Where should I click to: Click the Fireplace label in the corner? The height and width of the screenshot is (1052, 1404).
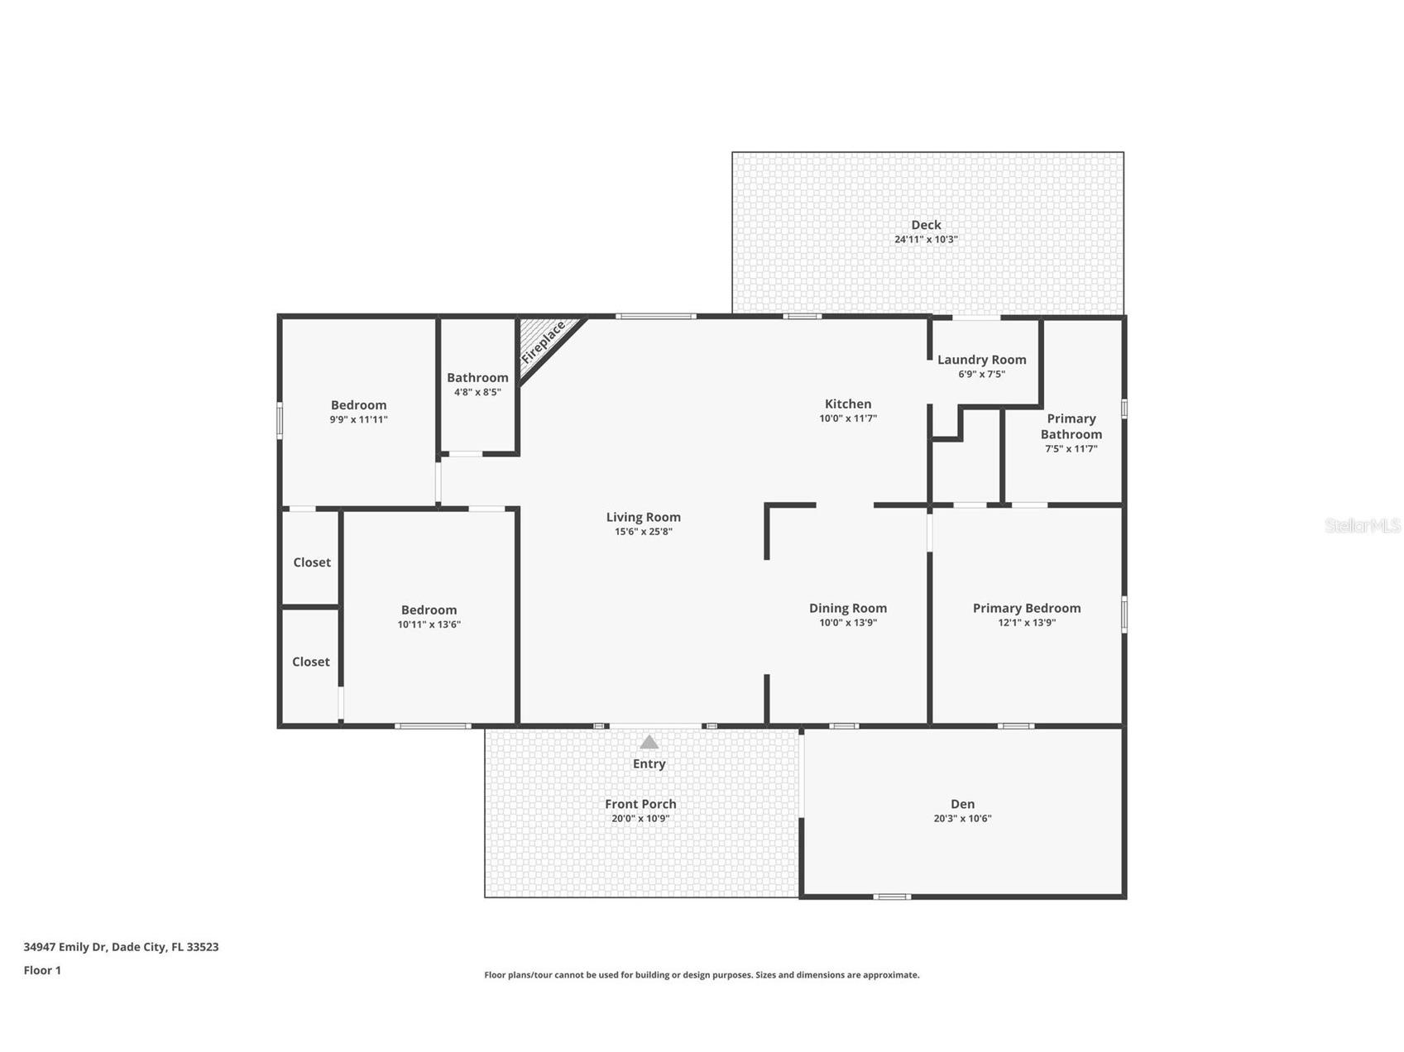click(544, 342)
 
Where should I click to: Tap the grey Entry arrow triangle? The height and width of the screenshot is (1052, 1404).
click(649, 742)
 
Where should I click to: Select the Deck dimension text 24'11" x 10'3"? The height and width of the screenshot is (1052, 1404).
click(926, 239)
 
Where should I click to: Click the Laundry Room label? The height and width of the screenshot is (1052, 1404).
click(981, 360)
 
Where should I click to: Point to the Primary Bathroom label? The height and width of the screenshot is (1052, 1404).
click(1071, 426)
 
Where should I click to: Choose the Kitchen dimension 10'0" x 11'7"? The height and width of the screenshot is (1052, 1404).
click(847, 418)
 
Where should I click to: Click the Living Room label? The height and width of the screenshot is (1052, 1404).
click(643, 517)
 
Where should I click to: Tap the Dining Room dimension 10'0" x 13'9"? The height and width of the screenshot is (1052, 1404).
click(847, 623)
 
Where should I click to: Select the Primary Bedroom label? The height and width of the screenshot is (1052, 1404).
click(1026, 608)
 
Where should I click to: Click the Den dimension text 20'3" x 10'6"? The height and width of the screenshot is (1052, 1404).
click(962, 819)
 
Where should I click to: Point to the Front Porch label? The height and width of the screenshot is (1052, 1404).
click(640, 804)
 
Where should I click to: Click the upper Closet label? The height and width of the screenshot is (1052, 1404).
click(312, 562)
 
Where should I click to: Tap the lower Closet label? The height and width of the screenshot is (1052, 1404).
click(311, 662)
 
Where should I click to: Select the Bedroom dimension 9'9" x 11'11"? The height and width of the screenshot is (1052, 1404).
click(358, 419)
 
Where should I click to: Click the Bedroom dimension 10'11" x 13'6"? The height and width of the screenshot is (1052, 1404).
click(429, 624)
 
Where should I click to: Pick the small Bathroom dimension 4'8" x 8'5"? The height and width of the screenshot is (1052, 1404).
click(477, 392)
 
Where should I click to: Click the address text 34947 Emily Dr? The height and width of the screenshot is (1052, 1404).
click(65, 947)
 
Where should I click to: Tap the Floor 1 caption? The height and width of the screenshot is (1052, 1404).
click(42, 970)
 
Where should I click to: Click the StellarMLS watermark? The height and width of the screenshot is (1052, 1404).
click(1362, 525)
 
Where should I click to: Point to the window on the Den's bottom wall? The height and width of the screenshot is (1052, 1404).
click(892, 897)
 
